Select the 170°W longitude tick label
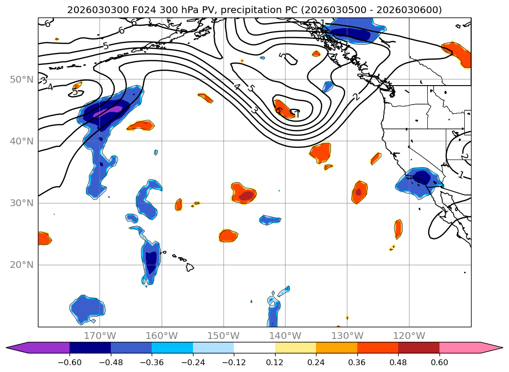point(100,336)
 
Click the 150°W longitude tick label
point(223,336)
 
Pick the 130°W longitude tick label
point(347,336)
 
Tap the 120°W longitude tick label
point(409,336)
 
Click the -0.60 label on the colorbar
point(70,362)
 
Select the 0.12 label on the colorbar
point(275,362)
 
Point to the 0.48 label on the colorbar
point(398,362)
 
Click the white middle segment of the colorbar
point(254,347)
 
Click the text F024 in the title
point(128,10)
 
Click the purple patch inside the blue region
point(108,112)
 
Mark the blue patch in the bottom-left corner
point(88,308)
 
